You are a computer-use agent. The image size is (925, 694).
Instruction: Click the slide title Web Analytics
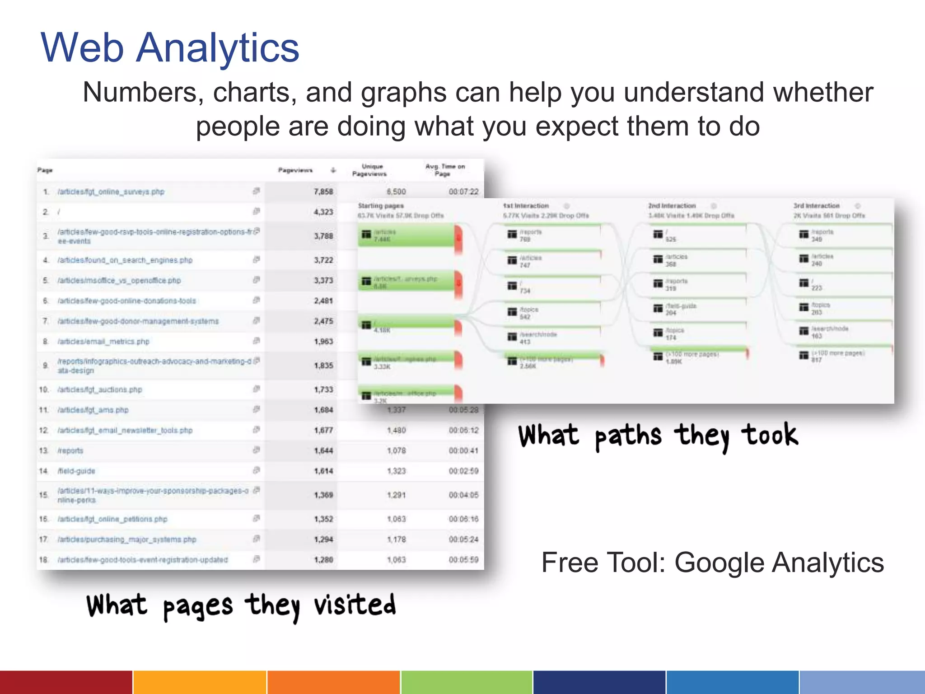tap(170, 48)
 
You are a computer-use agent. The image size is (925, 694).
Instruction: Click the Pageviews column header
tap(295, 170)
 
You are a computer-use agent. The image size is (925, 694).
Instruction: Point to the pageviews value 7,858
tap(323, 192)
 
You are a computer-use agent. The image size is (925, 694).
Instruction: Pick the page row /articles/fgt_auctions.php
tap(100, 389)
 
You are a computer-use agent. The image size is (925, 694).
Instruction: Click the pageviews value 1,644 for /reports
tap(323, 450)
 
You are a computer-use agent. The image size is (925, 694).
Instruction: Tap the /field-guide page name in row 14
tap(76, 471)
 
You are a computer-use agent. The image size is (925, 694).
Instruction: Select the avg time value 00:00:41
tap(463, 450)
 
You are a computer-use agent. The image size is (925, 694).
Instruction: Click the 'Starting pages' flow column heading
tap(381, 206)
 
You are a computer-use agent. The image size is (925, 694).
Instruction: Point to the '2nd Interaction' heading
tap(672, 206)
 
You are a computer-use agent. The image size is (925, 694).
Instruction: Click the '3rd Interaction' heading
tap(817, 206)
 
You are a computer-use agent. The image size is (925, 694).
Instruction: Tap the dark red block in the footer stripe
tap(66, 682)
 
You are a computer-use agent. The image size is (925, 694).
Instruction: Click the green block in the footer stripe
tap(467, 682)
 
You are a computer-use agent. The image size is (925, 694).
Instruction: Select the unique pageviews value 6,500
tap(396, 192)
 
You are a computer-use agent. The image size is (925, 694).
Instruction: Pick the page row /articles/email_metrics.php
tap(103, 342)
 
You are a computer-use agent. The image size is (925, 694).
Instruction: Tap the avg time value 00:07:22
tap(463, 192)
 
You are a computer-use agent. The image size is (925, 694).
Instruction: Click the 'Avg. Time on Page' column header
tap(445, 170)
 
